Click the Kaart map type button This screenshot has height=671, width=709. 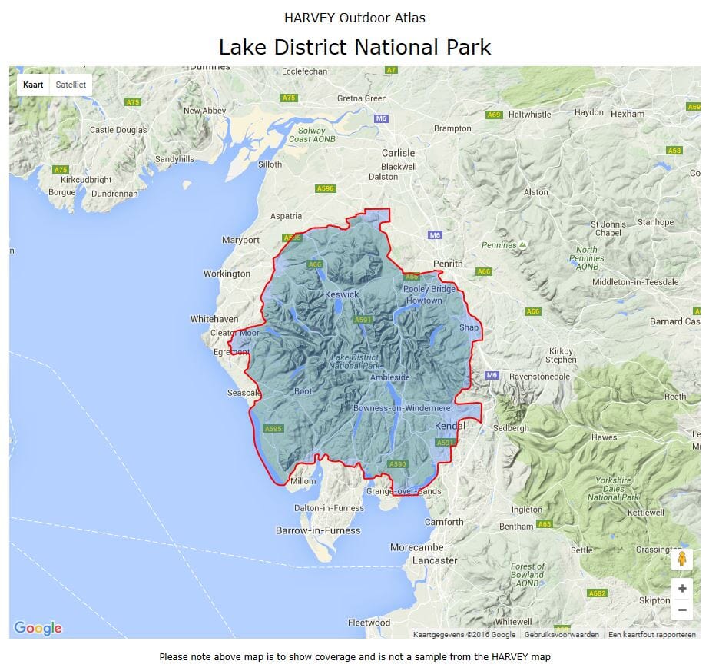click(33, 85)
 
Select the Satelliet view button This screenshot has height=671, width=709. click(71, 85)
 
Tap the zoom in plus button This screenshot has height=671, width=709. click(682, 589)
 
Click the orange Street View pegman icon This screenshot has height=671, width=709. click(682, 559)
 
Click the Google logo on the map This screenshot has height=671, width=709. click(38, 628)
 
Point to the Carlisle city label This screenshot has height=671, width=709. click(398, 153)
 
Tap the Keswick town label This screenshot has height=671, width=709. click(342, 294)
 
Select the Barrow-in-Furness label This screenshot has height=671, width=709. click(318, 530)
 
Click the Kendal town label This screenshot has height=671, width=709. click(450, 426)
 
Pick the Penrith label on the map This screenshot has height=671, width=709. click(448, 264)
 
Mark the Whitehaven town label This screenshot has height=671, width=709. click(214, 318)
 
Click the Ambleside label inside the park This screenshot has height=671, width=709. click(390, 377)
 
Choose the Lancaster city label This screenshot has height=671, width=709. click(435, 560)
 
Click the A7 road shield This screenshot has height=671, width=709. click(392, 70)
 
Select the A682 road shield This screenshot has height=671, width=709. click(597, 593)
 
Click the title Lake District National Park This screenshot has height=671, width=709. click(354, 47)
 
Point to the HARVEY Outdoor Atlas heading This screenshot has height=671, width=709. click(354, 18)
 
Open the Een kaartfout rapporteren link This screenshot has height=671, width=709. click(652, 635)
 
